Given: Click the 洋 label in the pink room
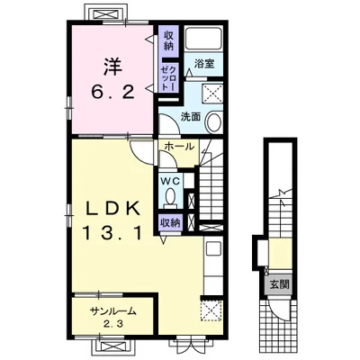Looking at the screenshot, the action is pos(113,67).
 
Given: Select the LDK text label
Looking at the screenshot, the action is pos(112,209).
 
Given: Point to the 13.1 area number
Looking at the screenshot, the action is pos(112,233).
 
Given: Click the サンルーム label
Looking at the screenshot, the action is pos(113,311).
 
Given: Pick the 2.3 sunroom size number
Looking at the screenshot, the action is pos(113,324).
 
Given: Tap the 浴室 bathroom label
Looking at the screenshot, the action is pos(204,64).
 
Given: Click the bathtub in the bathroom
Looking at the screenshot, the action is pos(203,39).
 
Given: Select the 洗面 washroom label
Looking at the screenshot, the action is pos(190,117).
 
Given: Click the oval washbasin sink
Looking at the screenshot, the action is pos(213,121).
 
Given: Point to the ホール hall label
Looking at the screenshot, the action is pos(179,147).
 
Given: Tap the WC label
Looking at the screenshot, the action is pos(170,181).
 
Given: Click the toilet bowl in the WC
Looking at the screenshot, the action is pos(171,197).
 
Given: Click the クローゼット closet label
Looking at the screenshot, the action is pos(168,77).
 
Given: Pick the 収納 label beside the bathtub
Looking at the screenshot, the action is pos(168,40).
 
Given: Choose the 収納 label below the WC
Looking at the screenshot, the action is pos(170,223).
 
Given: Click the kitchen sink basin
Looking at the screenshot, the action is pos(213,248).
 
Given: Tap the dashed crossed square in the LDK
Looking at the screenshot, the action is pos(211,310).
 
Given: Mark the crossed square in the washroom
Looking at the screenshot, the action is pos(212,94).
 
